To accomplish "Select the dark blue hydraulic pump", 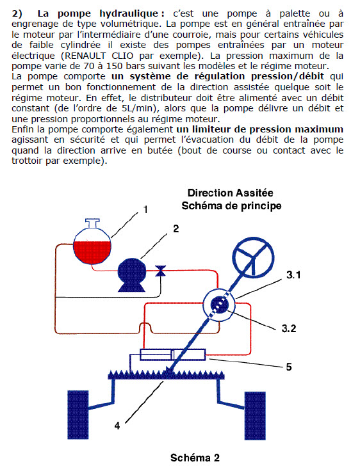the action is [x=132, y=275].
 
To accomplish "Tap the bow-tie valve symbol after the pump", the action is [x=160, y=271].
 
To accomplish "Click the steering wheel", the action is [x=254, y=257].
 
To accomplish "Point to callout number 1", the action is [x=145, y=210].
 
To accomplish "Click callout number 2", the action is [x=176, y=229].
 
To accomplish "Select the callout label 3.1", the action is [x=293, y=275].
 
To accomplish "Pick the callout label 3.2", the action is [x=289, y=328].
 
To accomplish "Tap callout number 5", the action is [x=289, y=367].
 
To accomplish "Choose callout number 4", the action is [x=117, y=426].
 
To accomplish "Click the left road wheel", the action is [x=78, y=415].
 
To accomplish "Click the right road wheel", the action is [x=255, y=416].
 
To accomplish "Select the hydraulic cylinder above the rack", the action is [x=172, y=355].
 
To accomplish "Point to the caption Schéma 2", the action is [x=195, y=458].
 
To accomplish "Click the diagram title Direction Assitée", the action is [x=231, y=193].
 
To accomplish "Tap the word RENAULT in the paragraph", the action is [x=85, y=56].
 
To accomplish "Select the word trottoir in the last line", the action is [x=26, y=161].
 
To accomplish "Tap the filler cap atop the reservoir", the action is [x=92, y=223].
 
